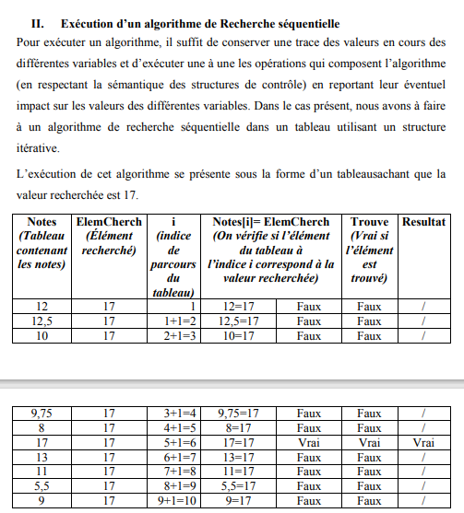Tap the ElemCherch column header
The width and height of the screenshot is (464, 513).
[x=108, y=222]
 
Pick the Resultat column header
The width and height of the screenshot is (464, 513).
[x=423, y=222]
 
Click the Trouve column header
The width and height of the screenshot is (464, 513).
[x=370, y=222]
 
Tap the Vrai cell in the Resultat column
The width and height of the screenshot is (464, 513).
[x=423, y=443]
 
